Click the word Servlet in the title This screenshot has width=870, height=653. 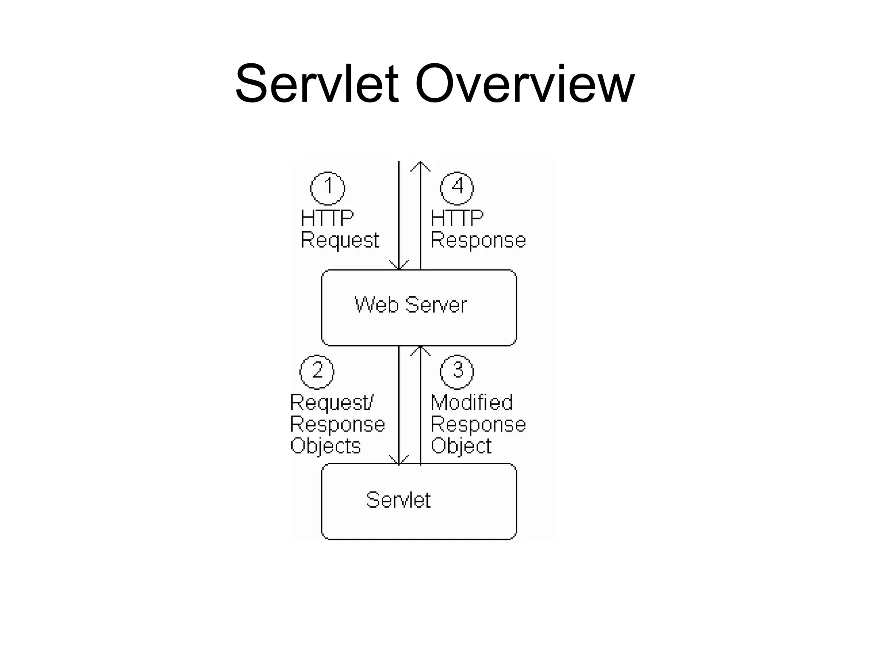317,84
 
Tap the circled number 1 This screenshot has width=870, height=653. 328,188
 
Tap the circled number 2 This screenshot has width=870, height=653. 317,372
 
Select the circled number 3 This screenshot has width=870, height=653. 457,372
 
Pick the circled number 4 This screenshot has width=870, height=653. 457,188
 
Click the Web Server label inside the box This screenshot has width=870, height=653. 410,305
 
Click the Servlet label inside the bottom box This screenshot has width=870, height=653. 398,500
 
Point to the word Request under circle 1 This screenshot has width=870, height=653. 339,241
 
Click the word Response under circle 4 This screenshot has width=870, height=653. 478,241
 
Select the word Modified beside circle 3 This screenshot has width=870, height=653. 472,403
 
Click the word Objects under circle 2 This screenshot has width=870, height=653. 325,446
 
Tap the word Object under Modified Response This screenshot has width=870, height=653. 461,446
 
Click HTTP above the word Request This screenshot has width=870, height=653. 327,219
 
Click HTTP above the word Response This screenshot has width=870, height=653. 457,219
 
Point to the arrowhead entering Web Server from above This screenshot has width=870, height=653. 399,265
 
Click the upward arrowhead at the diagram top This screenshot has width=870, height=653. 421,166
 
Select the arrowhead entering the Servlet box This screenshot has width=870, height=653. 399,460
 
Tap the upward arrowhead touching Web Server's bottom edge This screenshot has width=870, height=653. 421,350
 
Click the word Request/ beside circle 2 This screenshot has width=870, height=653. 331,403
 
